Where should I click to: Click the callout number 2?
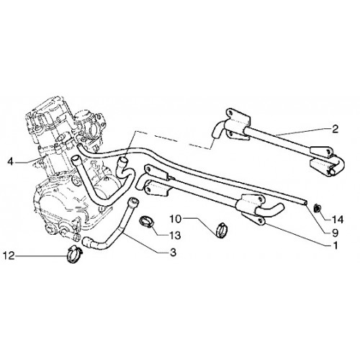pyautogui.click(x=336, y=129)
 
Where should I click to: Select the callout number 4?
pyautogui.click(x=10, y=161)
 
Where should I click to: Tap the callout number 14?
pyautogui.click(x=338, y=220)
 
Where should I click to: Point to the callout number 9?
pyautogui.click(x=335, y=233)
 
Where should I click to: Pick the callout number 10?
pyautogui.click(x=176, y=219)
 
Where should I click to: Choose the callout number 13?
pyautogui.click(x=175, y=235)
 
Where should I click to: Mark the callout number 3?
pyautogui.click(x=173, y=252)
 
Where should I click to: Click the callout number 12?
pyautogui.click(x=9, y=256)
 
